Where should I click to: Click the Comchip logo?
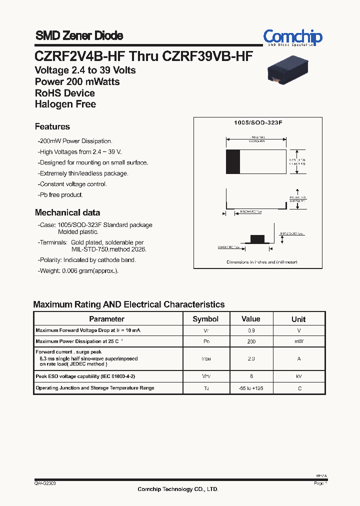pyautogui.click(x=292, y=37)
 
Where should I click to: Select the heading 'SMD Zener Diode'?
pyautogui.click(x=79, y=35)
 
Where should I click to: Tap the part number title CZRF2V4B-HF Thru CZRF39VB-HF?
pyautogui.click(x=143, y=56)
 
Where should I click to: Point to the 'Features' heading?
pyautogui.click(x=52, y=126)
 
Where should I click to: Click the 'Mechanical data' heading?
pyautogui.click(x=67, y=212)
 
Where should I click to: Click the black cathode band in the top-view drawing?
pyautogui.click(x=232, y=161)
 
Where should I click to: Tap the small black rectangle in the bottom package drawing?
pyautogui.click(x=257, y=238)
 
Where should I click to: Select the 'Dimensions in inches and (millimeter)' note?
pyautogui.click(x=261, y=262)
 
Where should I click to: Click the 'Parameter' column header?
pyautogui.click(x=106, y=319)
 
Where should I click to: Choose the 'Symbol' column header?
pyautogui.click(x=205, y=319)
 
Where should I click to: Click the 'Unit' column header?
pyautogui.click(x=298, y=319)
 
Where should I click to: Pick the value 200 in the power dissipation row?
pyautogui.click(x=251, y=341)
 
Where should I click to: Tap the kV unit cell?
pyautogui.click(x=298, y=376)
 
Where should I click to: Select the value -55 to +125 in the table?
pyautogui.click(x=251, y=388)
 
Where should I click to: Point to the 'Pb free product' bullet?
pyautogui.click(x=60, y=195)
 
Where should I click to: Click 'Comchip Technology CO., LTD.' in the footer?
pyautogui.click(x=178, y=489)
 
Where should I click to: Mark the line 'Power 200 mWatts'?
pyautogui.click(x=77, y=81)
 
